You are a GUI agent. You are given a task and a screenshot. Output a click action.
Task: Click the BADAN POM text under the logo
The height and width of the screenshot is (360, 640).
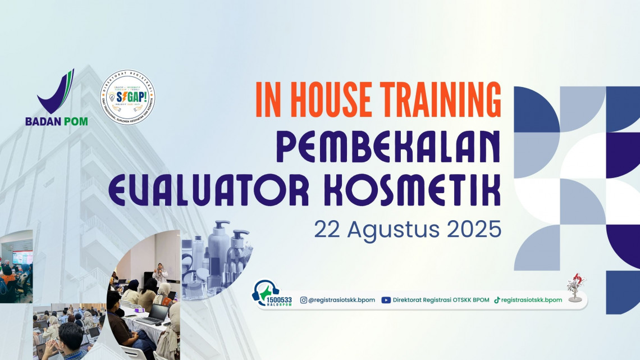(56, 121)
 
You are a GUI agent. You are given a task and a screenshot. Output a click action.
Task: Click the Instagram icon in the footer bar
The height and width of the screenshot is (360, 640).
(304, 300)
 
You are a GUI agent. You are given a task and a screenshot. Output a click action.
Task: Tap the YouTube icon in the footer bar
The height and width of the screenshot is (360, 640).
(386, 300)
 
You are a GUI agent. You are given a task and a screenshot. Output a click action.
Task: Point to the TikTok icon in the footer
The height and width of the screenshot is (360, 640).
(497, 300)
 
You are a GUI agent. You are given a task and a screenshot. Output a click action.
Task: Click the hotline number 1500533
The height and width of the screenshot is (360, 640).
(280, 300)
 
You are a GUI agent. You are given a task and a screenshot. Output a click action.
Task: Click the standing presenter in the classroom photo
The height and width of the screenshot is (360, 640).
(159, 272)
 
